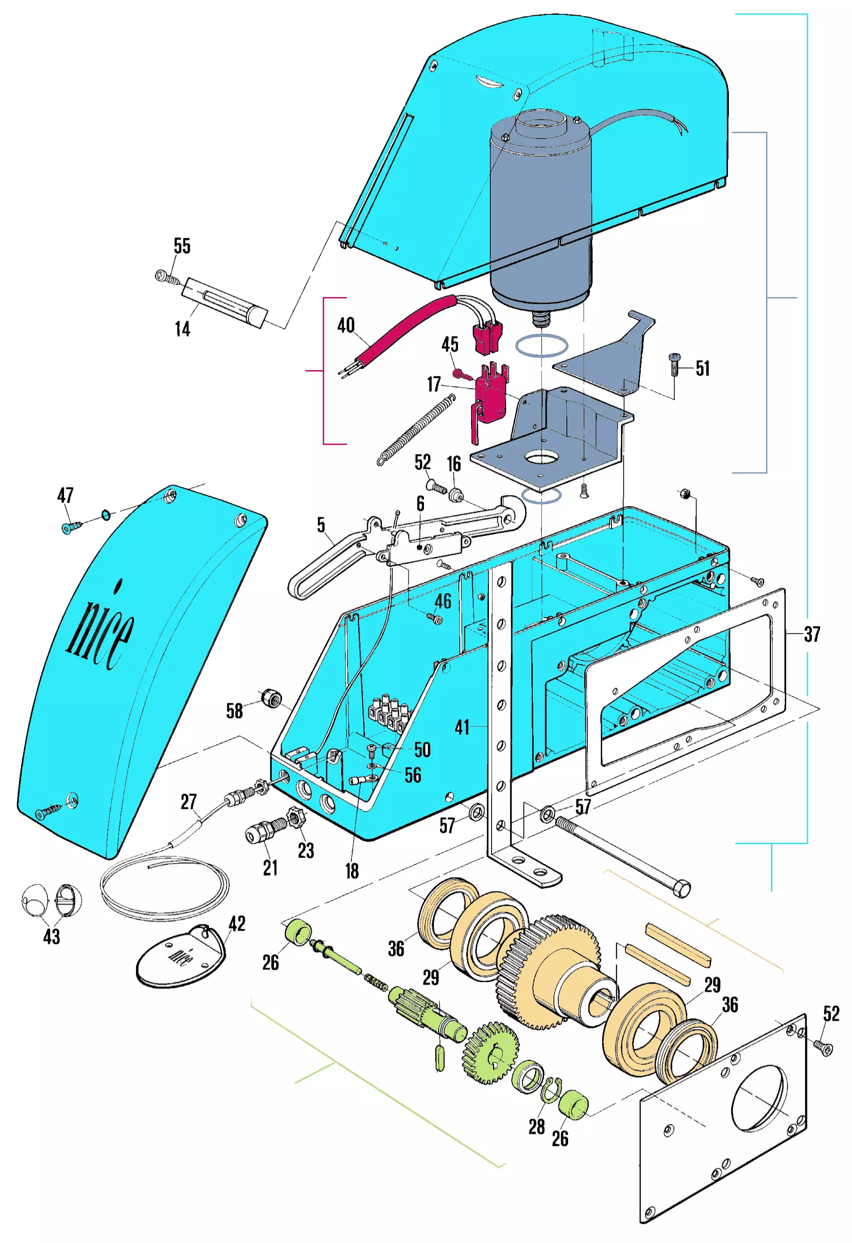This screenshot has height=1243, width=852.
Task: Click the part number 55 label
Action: (182, 246)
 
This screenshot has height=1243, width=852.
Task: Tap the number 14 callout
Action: (182, 329)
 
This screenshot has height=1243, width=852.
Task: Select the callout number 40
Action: (346, 325)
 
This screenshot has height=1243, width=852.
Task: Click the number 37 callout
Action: (812, 634)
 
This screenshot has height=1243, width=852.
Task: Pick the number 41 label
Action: (462, 727)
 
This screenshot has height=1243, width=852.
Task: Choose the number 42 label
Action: (237, 924)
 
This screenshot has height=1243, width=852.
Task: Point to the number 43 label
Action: (51, 937)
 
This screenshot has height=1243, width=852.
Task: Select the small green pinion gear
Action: (490, 1053)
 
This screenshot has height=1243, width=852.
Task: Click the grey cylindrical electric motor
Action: (540, 214)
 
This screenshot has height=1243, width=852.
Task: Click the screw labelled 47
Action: (71, 527)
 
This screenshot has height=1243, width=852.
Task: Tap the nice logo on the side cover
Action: (102, 631)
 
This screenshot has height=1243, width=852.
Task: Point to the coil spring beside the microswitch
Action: (416, 431)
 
